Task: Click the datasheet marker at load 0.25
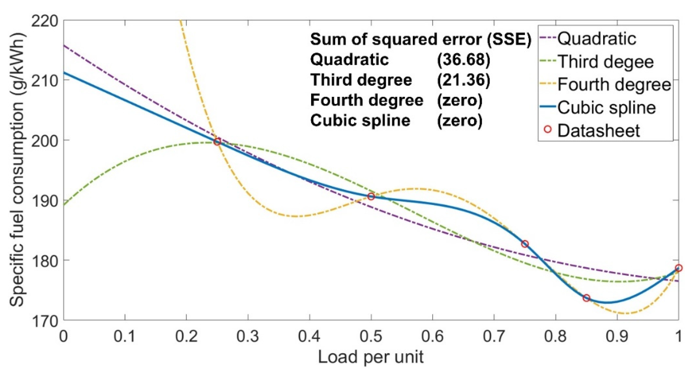coord(217,142)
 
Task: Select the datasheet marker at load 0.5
coord(371,197)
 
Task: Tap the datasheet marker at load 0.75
coord(525,244)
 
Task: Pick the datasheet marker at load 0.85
coord(587,298)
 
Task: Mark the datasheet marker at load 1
coord(679,268)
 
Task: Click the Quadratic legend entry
coord(596,39)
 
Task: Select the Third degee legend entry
coord(606,62)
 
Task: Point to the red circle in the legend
coord(547,130)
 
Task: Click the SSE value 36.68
coord(464,59)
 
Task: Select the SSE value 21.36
coord(464,80)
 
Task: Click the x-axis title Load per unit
coord(371,357)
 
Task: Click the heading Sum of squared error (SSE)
coord(421,39)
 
